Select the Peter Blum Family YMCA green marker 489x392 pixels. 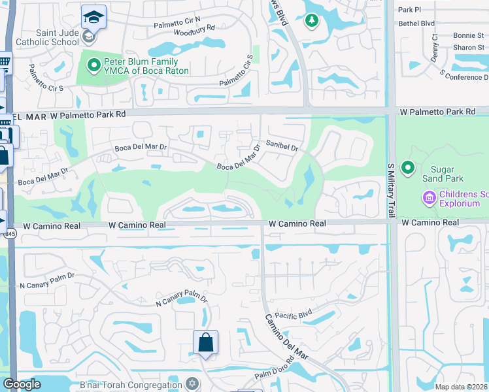coord(93,65)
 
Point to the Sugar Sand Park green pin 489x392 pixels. coord(409,169)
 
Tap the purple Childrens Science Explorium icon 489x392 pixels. coord(429,197)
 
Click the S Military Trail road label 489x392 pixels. coord(390,189)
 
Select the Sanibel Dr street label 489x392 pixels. coord(282,146)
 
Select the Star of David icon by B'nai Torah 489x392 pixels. coord(192,383)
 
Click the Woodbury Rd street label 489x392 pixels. coord(194,29)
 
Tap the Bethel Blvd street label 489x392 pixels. coord(416,23)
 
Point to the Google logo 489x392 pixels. coord(22,384)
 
